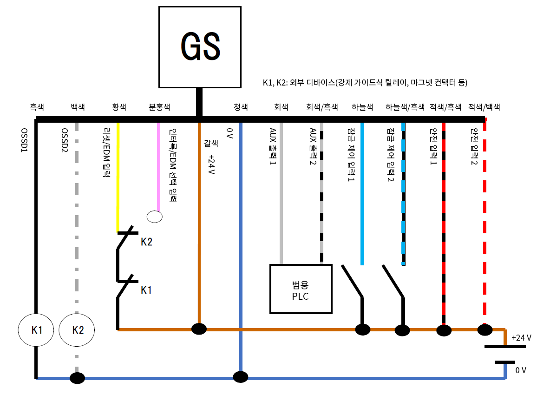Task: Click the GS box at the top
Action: point(200,47)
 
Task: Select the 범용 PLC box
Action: point(301,289)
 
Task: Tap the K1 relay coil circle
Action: point(36,330)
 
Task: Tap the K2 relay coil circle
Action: point(77,330)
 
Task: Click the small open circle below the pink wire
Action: point(155,216)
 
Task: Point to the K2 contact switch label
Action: point(146,242)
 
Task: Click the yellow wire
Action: point(118,177)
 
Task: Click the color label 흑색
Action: point(37,107)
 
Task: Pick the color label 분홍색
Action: point(159,107)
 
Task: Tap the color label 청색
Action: point(240,107)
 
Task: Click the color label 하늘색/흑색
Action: point(405,107)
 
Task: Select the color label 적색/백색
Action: point(485,107)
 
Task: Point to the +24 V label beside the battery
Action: point(521,338)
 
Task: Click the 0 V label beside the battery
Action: point(521,370)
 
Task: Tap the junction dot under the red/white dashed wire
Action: point(485,330)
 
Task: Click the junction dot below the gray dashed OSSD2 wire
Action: point(77,378)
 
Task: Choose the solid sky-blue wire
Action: point(362,195)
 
